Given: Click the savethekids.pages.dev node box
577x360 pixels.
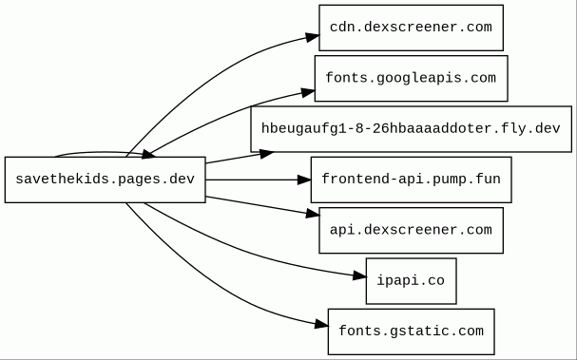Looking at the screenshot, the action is (x=105, y=180).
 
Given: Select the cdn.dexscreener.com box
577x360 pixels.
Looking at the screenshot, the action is (x=411, y=28).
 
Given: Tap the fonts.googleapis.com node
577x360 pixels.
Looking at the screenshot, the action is (x=411, y=78).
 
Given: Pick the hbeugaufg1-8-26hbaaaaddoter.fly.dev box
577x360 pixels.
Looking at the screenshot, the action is (x=411, y=129).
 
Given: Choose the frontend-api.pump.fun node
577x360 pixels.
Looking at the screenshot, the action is (x=411, y=180).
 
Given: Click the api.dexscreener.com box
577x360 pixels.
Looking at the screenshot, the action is (x=411, y=230).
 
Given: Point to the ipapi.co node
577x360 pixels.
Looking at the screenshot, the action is (x=411, y=281).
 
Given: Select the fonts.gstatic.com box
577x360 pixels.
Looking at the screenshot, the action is (x=411, y=332).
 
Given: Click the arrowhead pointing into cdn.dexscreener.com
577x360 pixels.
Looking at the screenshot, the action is (x=312, y=37).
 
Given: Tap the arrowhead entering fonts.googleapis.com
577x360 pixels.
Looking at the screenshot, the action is (x=308, y=92).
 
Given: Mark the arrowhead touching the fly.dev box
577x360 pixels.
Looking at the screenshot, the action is (x=266, y=154).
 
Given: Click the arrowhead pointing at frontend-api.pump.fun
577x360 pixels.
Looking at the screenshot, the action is (x=304, y=180).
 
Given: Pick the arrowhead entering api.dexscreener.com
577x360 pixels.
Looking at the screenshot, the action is (x=313, y=213).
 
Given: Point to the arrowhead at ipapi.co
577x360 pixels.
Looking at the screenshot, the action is (x=359, y=275).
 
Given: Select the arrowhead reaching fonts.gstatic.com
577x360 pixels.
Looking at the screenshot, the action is (x=321, y=324).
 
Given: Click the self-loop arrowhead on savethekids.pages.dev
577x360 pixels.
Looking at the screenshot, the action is (x=148, y=155).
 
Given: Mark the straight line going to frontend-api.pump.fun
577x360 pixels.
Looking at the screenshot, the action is (x=251, y=180).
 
